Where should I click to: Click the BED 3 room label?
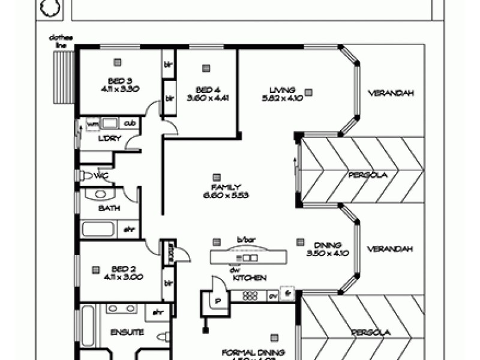tap(115, 80)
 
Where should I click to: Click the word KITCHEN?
tap(250, 278)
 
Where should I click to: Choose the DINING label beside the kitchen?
tap(327, 245)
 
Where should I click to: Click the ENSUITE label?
tap(127, 332)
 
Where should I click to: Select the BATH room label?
tap(109, 208)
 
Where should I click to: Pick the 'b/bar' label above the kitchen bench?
tap(246, 240)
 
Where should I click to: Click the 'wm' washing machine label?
tap(93, 124)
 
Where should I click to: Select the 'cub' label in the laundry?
tap(130, 124)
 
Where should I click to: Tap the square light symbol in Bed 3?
tap(118, 61)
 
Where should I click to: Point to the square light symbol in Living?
tap(308, 92)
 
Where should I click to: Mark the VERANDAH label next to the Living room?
tap(391, 93)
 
